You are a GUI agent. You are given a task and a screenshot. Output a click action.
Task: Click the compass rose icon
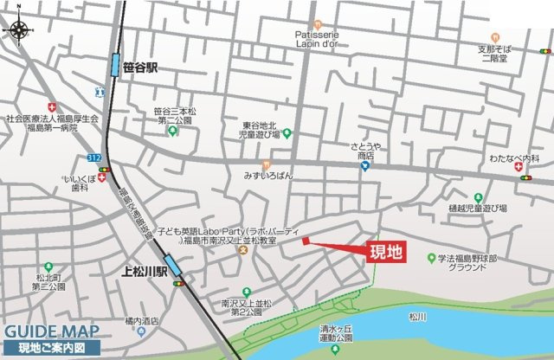click(x=16, y=31)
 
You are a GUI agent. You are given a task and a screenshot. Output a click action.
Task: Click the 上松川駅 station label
click(x=143, y=271)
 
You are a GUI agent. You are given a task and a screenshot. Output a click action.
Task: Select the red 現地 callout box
click(x=386, y=253)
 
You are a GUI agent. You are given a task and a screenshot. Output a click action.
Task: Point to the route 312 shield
click(x=94, y=158)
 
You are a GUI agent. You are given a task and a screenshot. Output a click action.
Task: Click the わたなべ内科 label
click(x=513, y=159)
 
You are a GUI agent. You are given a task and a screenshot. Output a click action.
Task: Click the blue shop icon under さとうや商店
click(x=366, y=166)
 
